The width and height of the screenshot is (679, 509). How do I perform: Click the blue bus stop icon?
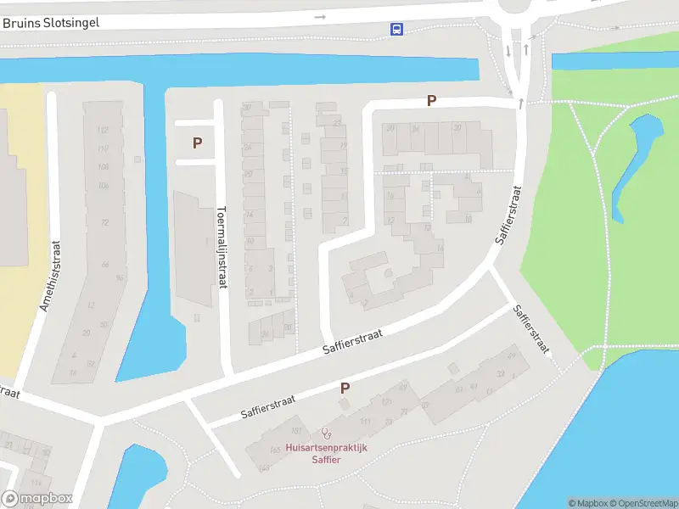(x=396, y=29)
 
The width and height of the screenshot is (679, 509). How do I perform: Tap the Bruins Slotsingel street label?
(x=51, y=23)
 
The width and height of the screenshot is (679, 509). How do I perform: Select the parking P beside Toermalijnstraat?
(x=198, y=143)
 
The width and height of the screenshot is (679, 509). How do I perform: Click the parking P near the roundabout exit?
(x=431, y=101)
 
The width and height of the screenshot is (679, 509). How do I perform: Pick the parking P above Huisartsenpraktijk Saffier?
(x=345, y=389)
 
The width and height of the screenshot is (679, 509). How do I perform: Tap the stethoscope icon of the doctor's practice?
(x=325, y=433)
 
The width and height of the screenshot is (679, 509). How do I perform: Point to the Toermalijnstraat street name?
(x=222, y=247)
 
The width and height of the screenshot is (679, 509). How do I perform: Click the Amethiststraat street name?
(x=51, y=275)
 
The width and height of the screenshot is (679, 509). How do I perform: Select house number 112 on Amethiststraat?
(x=103, y=130)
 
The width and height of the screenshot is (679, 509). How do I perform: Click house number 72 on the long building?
(x=105, y=222)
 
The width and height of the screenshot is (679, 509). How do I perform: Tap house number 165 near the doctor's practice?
(x=273, y=450)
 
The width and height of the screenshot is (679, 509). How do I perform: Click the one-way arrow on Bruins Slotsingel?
(x=320, y=16)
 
